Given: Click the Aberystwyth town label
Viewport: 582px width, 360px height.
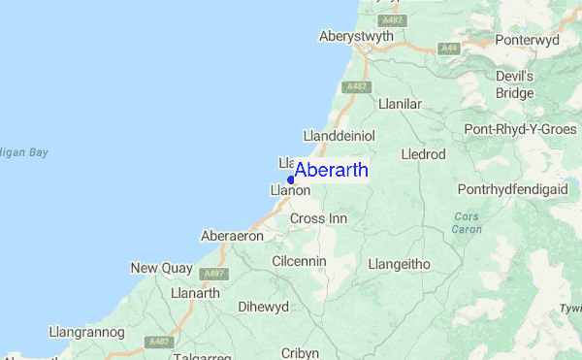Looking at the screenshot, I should click(358, 36).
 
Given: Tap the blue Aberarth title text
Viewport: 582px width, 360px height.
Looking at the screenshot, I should click(331, 170).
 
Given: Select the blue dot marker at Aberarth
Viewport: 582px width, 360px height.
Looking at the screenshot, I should click(291, 180).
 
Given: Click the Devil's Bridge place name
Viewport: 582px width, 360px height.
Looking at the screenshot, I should click(515, 84).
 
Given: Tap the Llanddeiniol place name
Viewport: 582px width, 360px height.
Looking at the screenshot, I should click(339, 135).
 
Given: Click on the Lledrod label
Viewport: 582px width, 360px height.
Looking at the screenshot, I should click(423, 154).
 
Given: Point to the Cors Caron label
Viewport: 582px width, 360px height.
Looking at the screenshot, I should click(466, 222).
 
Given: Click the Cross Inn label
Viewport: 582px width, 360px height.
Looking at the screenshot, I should click(318, 218).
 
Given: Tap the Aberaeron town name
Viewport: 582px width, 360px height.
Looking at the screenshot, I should click(232, 236).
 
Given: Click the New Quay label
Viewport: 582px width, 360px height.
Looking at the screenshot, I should click(158, 268).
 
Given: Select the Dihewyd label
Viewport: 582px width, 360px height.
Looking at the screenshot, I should click(263, 308).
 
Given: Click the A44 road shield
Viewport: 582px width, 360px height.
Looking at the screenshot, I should click(447, 48).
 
